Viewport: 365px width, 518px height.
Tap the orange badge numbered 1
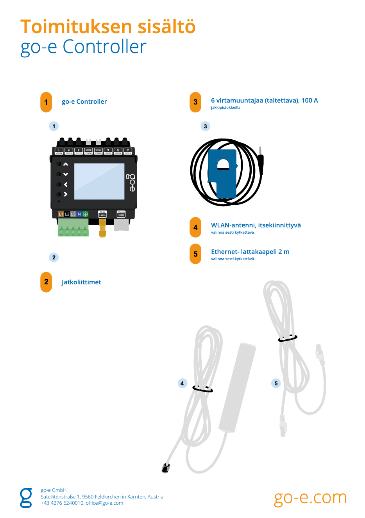point(46,102)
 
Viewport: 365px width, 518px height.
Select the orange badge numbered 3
point(195,102)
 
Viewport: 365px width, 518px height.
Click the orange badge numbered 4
point(195,227)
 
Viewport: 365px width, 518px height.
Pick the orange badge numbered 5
point(195,254)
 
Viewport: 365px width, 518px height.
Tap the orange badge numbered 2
point(46,282)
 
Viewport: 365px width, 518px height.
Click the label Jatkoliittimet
point(81,282)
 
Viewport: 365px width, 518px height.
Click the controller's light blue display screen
point(99,181)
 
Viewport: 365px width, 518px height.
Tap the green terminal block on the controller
point(73,228)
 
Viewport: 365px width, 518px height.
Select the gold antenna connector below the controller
point(102,228)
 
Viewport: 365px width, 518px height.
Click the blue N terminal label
point(79,214)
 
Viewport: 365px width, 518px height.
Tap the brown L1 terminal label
point(61,214)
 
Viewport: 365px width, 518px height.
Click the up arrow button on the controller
point(66,164)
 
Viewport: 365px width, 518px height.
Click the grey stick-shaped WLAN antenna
point(237,386)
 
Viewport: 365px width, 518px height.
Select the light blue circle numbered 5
point(276,383)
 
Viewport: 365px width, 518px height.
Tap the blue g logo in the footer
point(26,498)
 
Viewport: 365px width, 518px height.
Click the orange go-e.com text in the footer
point(310,498)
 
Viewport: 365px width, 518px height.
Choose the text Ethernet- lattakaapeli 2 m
point(250,252)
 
